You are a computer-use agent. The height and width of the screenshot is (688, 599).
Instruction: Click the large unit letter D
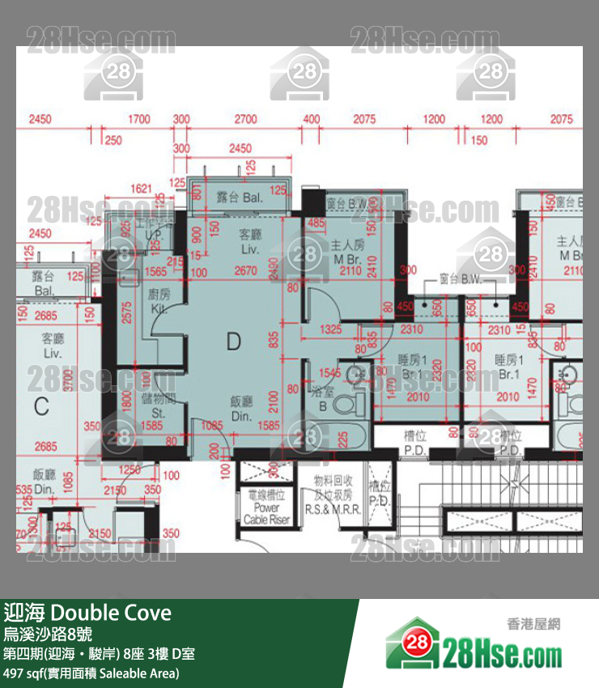233,342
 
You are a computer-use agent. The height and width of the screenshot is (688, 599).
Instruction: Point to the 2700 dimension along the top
245,120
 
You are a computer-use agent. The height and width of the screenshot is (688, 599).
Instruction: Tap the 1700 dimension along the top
138,120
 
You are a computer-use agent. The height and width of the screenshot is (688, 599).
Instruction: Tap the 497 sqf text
25,673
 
